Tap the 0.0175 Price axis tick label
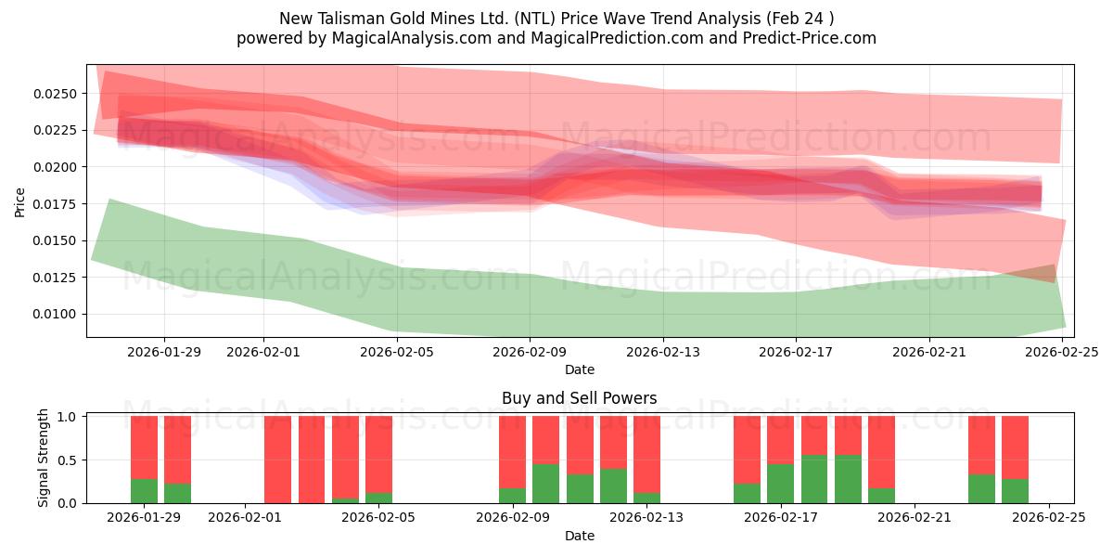coord(57,203)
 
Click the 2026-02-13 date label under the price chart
coord(662,352)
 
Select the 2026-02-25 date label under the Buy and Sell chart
coord(1048,518)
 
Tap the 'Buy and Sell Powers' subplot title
coord(580,398)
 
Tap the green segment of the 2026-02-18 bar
coord(814,479)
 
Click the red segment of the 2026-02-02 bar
coord(278,459)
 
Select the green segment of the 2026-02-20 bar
coord(881,496)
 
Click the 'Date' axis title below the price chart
coord(580,369)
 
